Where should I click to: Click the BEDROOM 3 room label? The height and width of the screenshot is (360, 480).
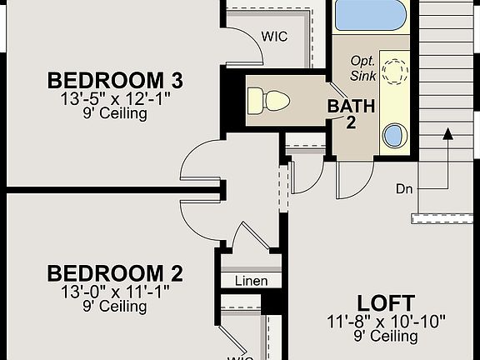tap(115, 80)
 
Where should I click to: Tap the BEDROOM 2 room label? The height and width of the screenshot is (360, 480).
tap(115, 273)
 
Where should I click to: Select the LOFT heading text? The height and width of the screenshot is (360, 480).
tap(386, 303)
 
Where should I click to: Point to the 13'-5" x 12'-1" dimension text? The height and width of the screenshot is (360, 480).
tap(115, 99)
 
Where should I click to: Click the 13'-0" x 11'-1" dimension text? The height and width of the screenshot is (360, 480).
tap(115, 292)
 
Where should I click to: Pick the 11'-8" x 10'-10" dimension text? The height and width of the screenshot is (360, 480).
tap(386, 322)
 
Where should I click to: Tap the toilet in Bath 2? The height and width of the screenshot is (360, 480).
tap(268, 101)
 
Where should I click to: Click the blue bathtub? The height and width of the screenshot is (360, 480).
tap(370, 15)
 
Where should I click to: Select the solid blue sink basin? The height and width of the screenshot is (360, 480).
tap(395, 135)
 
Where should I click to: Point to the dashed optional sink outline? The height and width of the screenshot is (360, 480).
tap(396, 72)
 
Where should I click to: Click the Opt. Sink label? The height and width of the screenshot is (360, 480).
tap(363, 68)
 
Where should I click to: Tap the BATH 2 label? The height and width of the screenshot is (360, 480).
tap(351, 114)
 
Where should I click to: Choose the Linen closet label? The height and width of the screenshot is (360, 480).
tap(252, 281)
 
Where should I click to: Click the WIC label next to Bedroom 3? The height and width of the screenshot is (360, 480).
tap(275, 37)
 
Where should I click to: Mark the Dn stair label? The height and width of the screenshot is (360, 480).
tap(404, 189)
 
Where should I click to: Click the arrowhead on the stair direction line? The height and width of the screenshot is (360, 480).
tap(448, 134)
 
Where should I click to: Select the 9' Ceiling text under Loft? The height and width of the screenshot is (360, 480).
tap(386, 336)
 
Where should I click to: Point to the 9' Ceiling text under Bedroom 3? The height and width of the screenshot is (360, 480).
tap(115, 113)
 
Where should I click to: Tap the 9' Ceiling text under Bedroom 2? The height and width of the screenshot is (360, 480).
tap(115, 306)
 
